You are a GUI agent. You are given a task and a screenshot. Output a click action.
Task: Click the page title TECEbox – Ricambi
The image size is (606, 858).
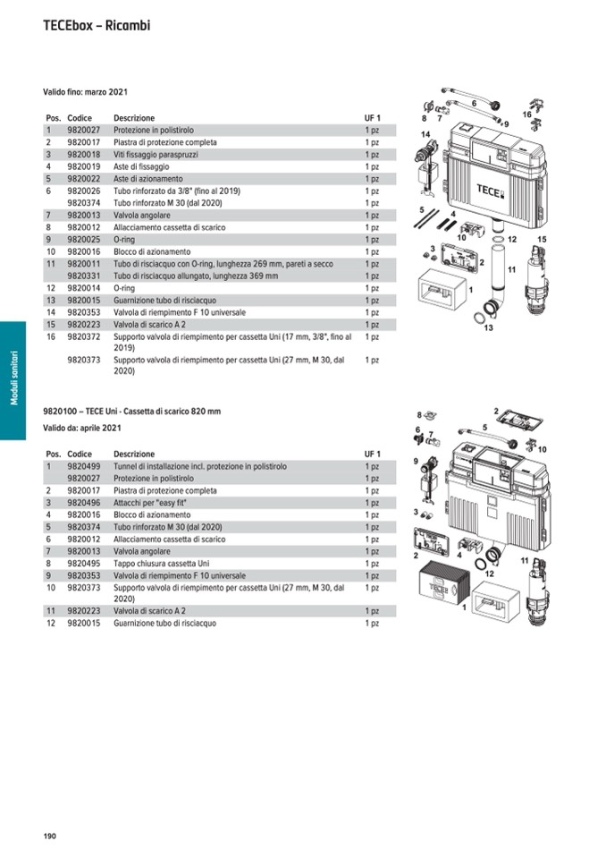click(97, 26)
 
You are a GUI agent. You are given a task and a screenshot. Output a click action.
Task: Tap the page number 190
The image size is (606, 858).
click(50, 836)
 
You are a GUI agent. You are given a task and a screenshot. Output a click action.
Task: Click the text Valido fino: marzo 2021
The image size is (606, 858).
click(86, 92)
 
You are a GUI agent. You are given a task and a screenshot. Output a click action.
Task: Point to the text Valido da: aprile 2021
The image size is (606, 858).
click(82, 429)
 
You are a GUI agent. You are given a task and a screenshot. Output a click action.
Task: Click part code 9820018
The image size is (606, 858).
click(84, 155)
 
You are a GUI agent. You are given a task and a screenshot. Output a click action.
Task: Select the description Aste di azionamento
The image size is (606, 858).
click(147, 179)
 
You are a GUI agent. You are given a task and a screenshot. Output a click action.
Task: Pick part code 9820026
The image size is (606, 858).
click(84, 191)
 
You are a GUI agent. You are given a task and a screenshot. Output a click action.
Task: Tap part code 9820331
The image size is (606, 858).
click(84, 276)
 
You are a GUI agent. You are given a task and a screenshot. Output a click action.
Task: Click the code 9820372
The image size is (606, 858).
click(84, 337)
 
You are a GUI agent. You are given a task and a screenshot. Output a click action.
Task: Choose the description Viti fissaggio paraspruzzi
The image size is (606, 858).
click(156, 155)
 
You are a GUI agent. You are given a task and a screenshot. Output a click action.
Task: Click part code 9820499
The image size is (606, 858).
click(84, 467)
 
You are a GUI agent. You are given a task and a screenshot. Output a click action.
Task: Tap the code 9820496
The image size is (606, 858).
click(84, 503)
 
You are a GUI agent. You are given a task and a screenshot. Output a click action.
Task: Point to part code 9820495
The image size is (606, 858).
click(84, 564)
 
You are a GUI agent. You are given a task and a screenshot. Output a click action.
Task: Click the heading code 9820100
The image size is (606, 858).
click(61, 412)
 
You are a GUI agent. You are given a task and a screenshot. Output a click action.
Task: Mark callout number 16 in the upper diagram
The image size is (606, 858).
click(526, 115)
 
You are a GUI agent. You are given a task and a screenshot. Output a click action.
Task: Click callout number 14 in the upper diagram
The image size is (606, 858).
click(426, 134)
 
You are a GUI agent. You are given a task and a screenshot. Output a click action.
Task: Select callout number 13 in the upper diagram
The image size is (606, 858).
click(489, 328)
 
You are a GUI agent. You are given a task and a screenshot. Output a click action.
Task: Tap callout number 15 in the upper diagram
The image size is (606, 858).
click(542, 239)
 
